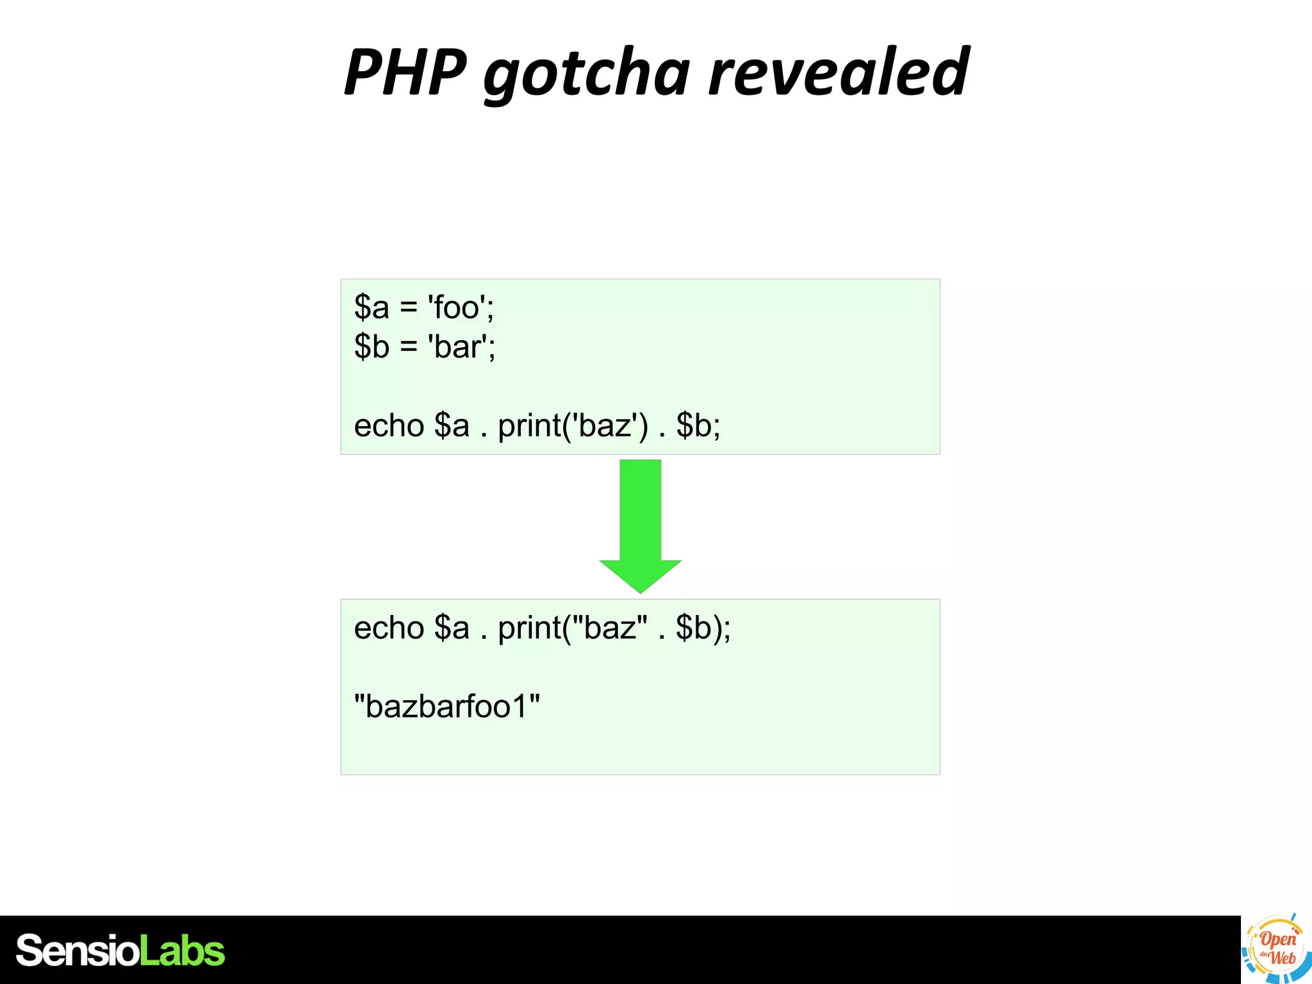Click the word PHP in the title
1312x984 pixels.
pos(406,72)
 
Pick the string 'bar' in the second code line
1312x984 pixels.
pos(458,347)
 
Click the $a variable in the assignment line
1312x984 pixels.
pos(372,307)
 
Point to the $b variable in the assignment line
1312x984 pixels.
pos(372,347)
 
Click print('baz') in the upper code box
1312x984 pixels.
pos(573,426)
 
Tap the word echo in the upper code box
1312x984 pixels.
pos(388,426)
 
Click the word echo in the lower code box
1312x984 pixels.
pos(388,628)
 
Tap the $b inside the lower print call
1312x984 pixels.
pos(693,628)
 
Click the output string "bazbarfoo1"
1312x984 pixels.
pos(447,707)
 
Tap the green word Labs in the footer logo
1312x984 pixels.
pos(182,951)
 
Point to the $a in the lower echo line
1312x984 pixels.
pos(452,628)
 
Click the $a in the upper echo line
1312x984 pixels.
pos(452,426)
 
